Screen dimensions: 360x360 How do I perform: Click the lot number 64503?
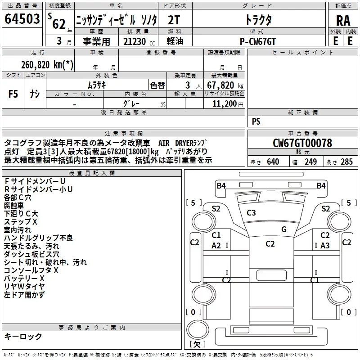22,20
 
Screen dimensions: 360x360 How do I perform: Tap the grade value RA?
343,21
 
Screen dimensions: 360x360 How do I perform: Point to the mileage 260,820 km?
47,65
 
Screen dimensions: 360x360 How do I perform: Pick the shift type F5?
13,94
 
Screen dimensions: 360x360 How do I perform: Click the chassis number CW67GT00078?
302,144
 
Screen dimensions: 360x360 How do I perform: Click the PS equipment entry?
256,121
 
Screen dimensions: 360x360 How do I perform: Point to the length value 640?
273,162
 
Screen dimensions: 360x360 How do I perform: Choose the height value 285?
346,162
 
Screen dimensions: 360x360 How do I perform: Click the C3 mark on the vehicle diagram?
251,213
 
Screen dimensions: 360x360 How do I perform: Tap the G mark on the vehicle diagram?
283,229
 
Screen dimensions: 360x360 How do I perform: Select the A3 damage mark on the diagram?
325,246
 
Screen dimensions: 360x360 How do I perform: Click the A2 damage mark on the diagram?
216,246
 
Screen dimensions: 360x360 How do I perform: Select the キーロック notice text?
23,337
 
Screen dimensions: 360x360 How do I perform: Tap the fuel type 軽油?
175,41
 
